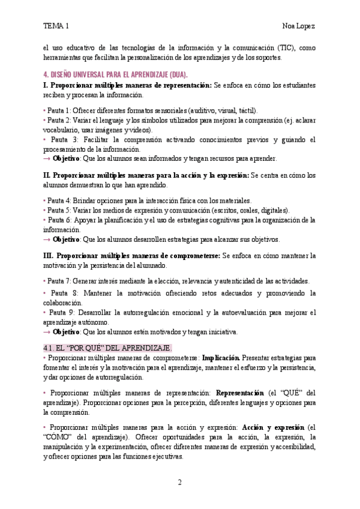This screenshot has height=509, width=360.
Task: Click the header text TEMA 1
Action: pyautogui.click(x=56, y=26)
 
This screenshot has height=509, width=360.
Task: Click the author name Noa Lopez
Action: pyautogui.click(x=299, y=26)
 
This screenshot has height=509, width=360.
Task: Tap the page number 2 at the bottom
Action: pyautogui.click(x=179, y=482)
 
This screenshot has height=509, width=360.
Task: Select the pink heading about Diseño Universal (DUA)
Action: pyautogui.click(x=116, y=74)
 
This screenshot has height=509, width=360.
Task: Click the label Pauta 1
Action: pyautogui.click(x=58, y=111)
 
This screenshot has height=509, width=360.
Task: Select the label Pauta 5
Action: pyautogui.click(x=58, y=211)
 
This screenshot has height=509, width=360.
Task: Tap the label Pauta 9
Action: pyautogui.click(x=61, y=313)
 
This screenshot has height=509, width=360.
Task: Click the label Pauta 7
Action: pyautogui.click(x=58, y=281)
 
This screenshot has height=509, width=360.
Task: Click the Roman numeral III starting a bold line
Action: pyautogui.click(x=49, y=256)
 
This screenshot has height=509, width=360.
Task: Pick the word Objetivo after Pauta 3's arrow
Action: pyautogui.click(x=66, y=158)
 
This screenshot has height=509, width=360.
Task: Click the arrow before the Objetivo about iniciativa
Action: pyautogui.click(x=47, y=332)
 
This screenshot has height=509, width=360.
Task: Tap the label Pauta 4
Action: pyautogui.click(x=58, y=200)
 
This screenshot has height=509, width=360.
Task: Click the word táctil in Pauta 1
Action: pyautogui.click(x=247, y=111)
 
